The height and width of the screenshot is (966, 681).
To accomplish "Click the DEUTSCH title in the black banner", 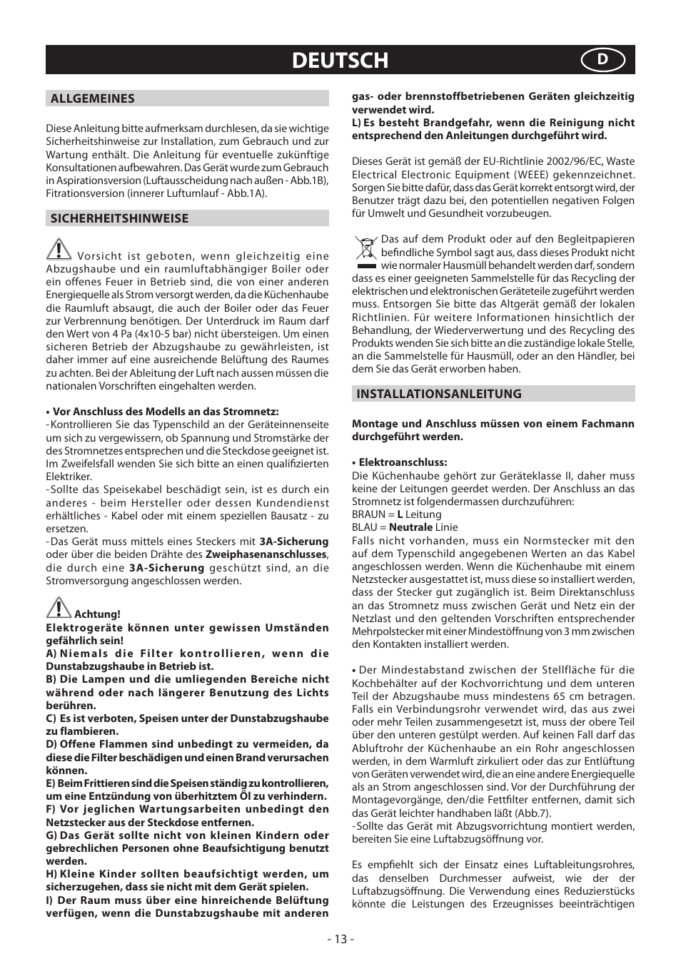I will coord(340,61).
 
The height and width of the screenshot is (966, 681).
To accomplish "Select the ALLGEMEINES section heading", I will coord(92,98).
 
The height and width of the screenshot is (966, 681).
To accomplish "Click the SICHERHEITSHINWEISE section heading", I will coord(119,218).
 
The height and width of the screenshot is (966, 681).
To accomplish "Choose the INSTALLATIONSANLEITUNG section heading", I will coord(438,394).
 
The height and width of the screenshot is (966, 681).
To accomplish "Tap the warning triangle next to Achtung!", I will coord(59,607).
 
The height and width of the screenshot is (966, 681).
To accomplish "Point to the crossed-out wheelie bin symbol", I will coord(365,250).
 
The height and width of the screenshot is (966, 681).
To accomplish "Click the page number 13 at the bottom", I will coord(340,939).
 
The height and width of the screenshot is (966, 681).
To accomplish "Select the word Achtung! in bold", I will coord(98,614).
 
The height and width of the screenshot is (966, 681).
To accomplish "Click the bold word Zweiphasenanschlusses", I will coord(266,554).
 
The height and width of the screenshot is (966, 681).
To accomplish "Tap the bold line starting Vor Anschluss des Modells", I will coord(165,412).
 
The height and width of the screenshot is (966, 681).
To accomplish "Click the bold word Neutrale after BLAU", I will coord(410,527).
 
